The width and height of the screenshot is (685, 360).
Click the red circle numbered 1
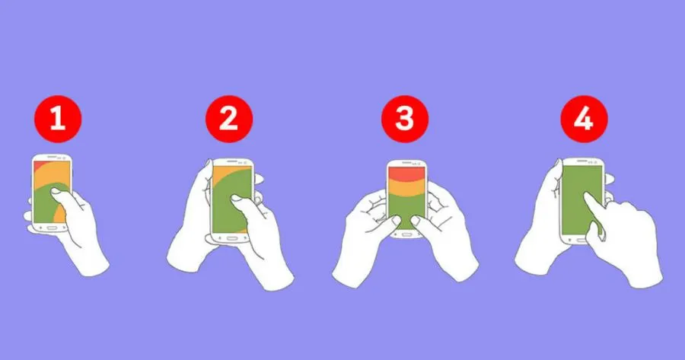[x=58, y=119]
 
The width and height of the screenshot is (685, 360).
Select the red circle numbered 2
[x=229, y=119]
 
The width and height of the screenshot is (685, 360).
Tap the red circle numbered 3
[x=405, y=119]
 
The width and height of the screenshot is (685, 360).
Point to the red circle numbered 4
[x=584, y=119]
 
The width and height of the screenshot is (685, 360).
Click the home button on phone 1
[x=52, y=228]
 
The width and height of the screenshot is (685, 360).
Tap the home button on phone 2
[x=232, y=238]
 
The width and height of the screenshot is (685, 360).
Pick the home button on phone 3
[x=406, y=234]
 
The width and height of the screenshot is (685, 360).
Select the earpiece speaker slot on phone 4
[x=582, y=161]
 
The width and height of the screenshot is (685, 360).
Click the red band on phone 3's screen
[x=406, y=173]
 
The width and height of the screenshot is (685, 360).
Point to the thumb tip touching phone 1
[x=55, y=190]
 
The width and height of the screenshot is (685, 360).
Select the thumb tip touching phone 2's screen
[x=235, y=198]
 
